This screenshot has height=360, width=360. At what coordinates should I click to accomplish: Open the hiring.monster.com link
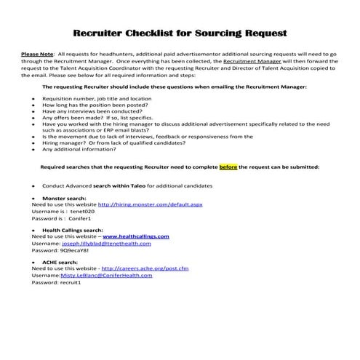pos(150,204)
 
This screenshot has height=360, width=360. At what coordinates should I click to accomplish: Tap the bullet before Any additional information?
pos(33,149)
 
